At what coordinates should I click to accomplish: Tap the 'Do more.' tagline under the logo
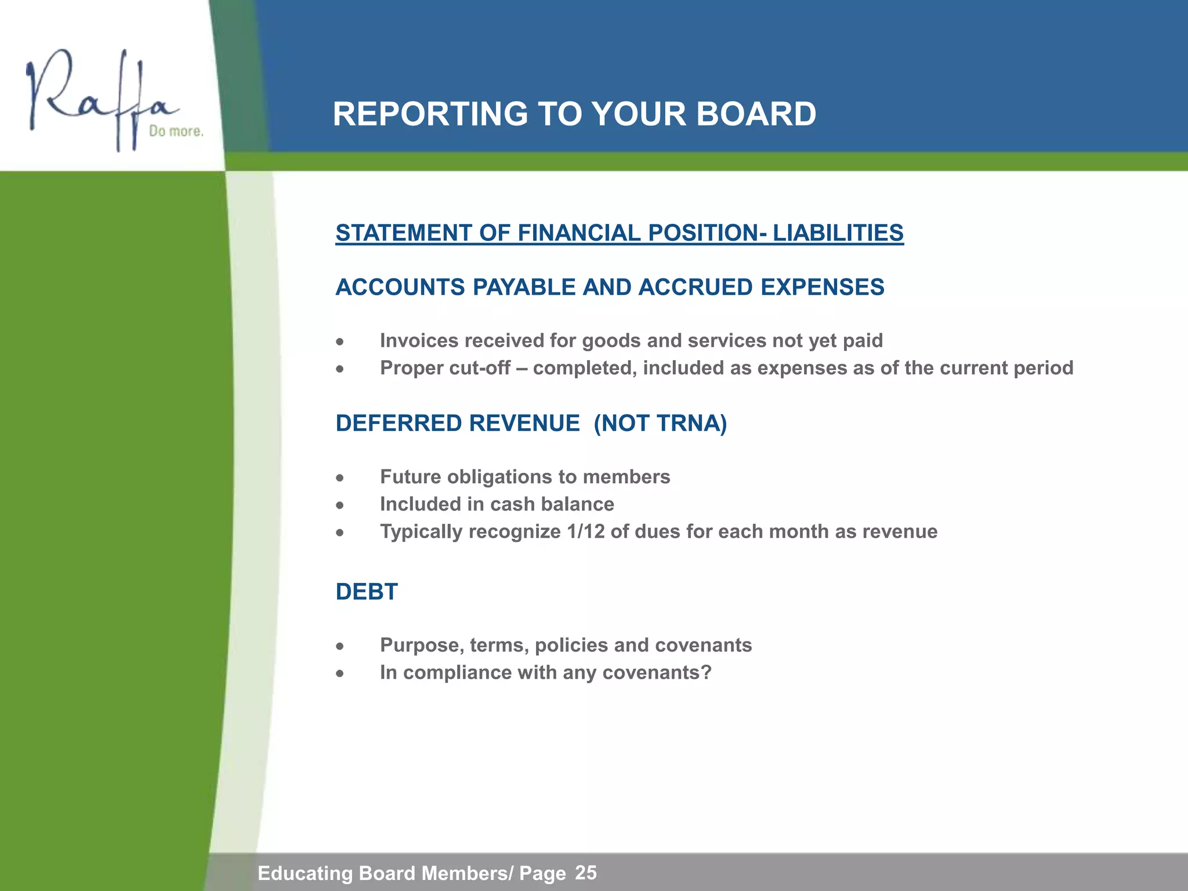(x=176, y=131)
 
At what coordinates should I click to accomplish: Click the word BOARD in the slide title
(x=756, y=114)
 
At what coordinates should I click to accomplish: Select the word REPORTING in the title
(x=430, y=114)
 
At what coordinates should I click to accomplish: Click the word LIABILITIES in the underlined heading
(x=838, y=233)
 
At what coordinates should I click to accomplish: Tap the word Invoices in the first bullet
(x=419, y=341)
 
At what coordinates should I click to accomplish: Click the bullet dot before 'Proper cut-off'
(x=341, y=369)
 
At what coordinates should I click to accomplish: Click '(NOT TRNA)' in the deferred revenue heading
(x=660, y=423)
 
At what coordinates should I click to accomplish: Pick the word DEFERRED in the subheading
(x=399, y=423)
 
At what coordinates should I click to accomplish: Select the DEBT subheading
(x=367, y=592)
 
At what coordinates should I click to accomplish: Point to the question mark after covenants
(x=706, y=672)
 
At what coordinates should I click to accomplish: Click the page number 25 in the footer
(x=586, y=872)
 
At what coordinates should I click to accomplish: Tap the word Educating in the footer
(x=305, y=873)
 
